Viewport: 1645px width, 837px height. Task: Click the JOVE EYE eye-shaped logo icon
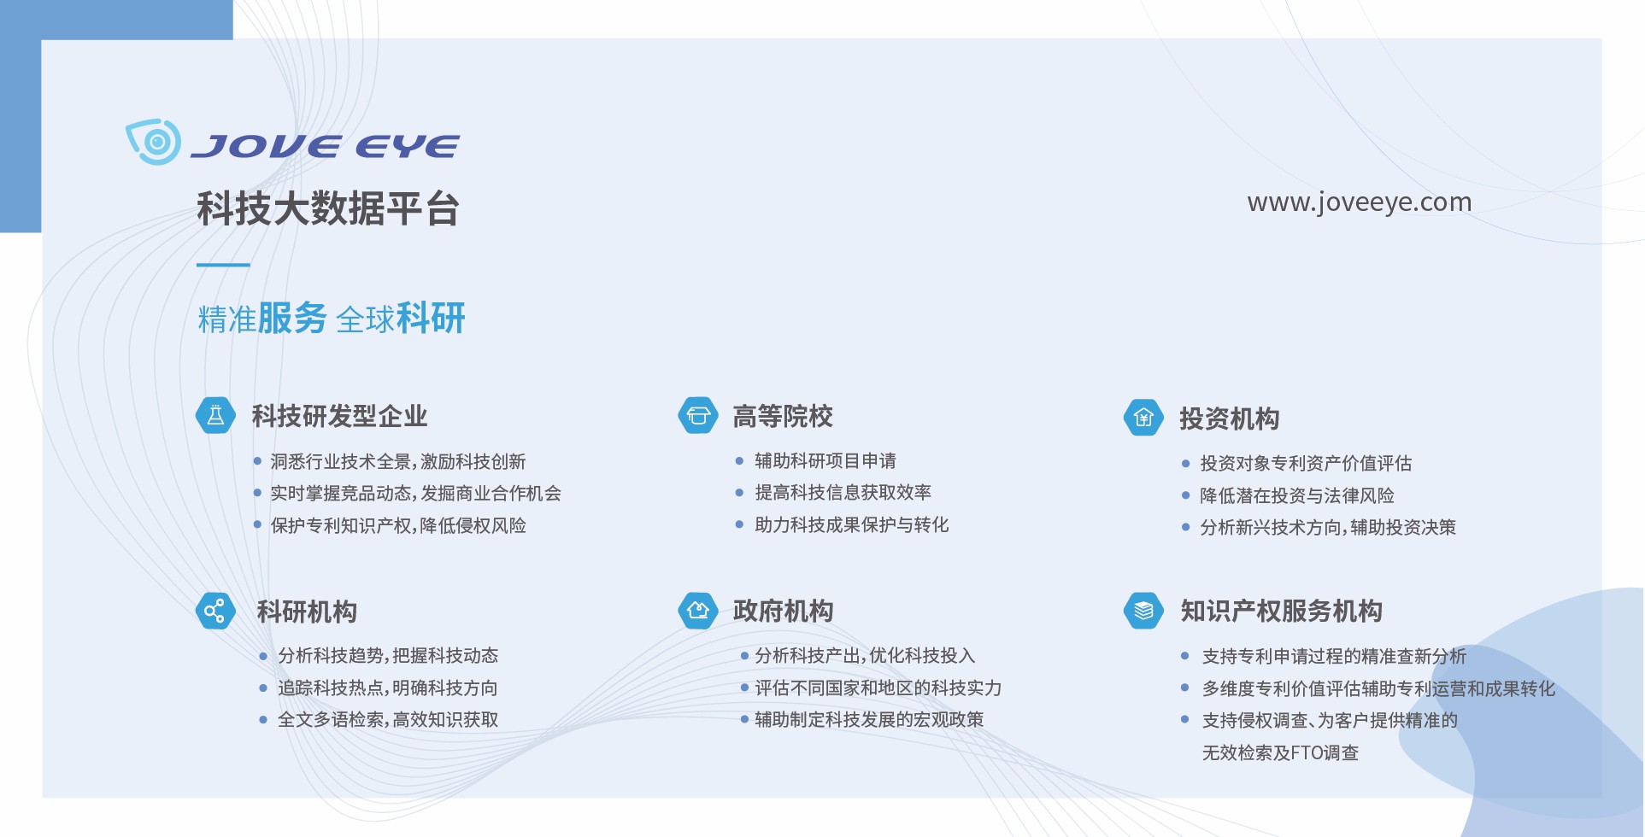154,141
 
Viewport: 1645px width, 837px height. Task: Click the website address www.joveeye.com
1359,202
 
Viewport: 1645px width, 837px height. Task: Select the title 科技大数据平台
328,208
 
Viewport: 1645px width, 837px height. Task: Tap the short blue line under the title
223,265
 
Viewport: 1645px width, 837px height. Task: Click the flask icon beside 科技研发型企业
216,416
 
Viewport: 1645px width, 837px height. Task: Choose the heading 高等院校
783,416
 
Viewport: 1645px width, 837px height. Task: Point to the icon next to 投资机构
1143,418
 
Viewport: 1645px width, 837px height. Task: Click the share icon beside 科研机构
215,611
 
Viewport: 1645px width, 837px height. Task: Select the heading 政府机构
783,611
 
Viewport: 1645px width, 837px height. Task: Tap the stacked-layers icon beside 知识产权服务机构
1143,611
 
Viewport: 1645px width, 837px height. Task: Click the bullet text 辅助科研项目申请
825,461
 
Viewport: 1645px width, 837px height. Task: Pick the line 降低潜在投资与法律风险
1297,495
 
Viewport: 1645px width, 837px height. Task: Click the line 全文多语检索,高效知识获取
388,719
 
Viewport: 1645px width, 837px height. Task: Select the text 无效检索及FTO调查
1280,752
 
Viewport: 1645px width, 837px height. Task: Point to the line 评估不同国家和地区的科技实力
878,688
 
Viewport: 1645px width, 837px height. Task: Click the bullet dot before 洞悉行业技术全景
257,461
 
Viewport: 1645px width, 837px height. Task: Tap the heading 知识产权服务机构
1281,611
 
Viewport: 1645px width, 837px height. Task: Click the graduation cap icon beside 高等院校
698,416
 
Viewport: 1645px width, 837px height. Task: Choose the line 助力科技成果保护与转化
852,524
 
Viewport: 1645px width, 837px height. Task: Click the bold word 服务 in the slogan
292,318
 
